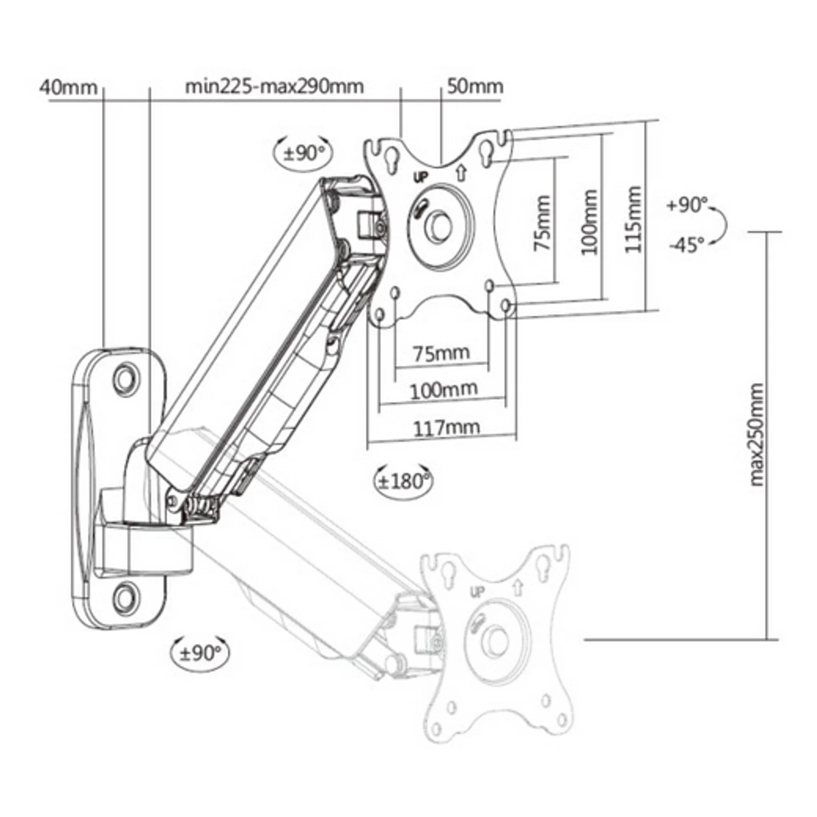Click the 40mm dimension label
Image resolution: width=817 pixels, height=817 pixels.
point(68,87)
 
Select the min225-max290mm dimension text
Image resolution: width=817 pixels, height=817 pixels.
point(274,86)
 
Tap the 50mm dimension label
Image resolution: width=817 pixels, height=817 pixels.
point(475,86)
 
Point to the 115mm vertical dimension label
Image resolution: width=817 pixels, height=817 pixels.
point(633,219)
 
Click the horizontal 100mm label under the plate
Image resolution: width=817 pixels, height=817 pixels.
point(444,390)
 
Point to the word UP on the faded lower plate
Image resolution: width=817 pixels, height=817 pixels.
point(477,592)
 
